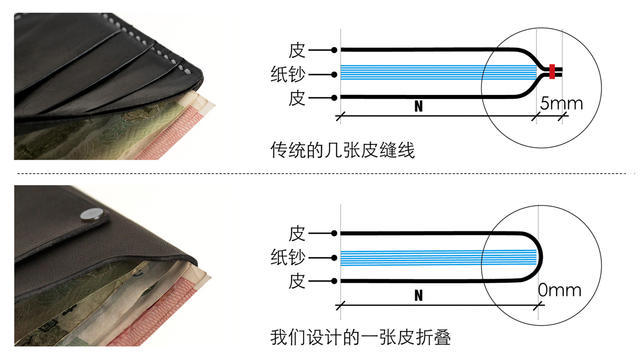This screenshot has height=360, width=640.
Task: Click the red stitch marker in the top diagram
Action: tap(551, 72)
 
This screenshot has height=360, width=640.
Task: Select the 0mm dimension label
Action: tap(558, 290)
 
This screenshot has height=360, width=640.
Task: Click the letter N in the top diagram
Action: tap(418, 104)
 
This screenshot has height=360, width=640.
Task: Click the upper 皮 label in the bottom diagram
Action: tap(297, 232)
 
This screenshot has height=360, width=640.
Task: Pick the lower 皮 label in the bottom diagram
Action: tap(297, 280)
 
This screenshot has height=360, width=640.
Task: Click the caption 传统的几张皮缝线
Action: tap(342, 151)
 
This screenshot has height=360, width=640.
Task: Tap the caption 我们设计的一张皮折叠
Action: tap(356, 335)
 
